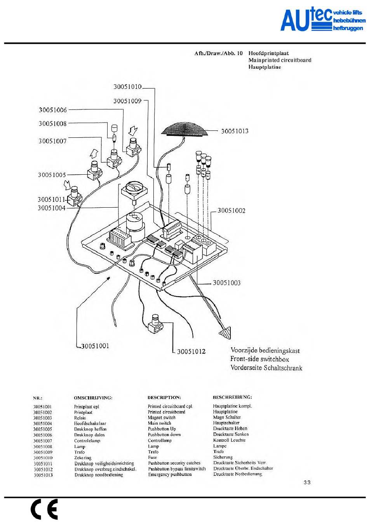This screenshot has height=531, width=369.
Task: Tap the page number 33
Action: click(x=307, y=482)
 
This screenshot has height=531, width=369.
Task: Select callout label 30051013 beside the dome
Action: click(x=235, y=131)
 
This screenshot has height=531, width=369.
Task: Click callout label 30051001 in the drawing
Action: click(x=95, y=346)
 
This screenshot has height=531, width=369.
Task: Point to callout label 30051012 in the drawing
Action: click(x=191, y=352)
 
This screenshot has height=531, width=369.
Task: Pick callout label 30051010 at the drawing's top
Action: click(x=127, y=87)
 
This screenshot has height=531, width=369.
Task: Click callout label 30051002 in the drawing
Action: click(x=231, y=211)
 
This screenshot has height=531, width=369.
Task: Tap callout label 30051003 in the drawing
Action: click(x=226, y=283)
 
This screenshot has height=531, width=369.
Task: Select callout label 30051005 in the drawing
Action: click(x=52, y=175)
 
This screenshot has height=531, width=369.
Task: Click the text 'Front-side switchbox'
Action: click(x=259, y=359)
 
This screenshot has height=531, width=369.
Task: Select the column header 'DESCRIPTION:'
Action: click(x=164, y=397)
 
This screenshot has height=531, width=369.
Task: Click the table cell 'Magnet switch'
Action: click(x=162, y=418)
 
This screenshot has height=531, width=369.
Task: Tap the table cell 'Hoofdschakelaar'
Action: click(x=90, y=423)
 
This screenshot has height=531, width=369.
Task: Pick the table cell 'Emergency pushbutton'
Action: click(x=170, y=474)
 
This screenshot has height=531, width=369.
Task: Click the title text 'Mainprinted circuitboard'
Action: click(x=280, y=60)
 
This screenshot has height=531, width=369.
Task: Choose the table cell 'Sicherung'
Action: click(x=223, y=457)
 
